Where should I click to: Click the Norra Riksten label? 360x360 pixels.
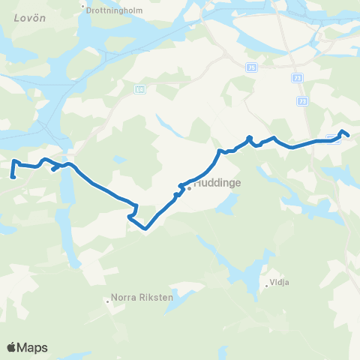[x=142, y=297]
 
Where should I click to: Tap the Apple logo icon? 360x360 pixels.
[x=12, y=347]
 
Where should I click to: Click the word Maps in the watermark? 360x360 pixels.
[x=34, y=347]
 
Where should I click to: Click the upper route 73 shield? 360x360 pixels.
[x=298, y=78]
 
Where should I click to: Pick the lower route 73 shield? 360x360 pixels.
[x=302, y=100]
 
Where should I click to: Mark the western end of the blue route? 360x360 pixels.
[x=13, y=177]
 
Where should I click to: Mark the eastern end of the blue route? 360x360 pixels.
[x=348, y=135]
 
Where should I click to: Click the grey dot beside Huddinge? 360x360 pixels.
[x=190, y=187]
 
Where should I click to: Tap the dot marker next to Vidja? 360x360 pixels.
[x=266, y=284]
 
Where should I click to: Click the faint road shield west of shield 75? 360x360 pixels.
[x=139, y=88]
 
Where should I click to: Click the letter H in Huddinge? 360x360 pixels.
[x=197, y=181]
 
